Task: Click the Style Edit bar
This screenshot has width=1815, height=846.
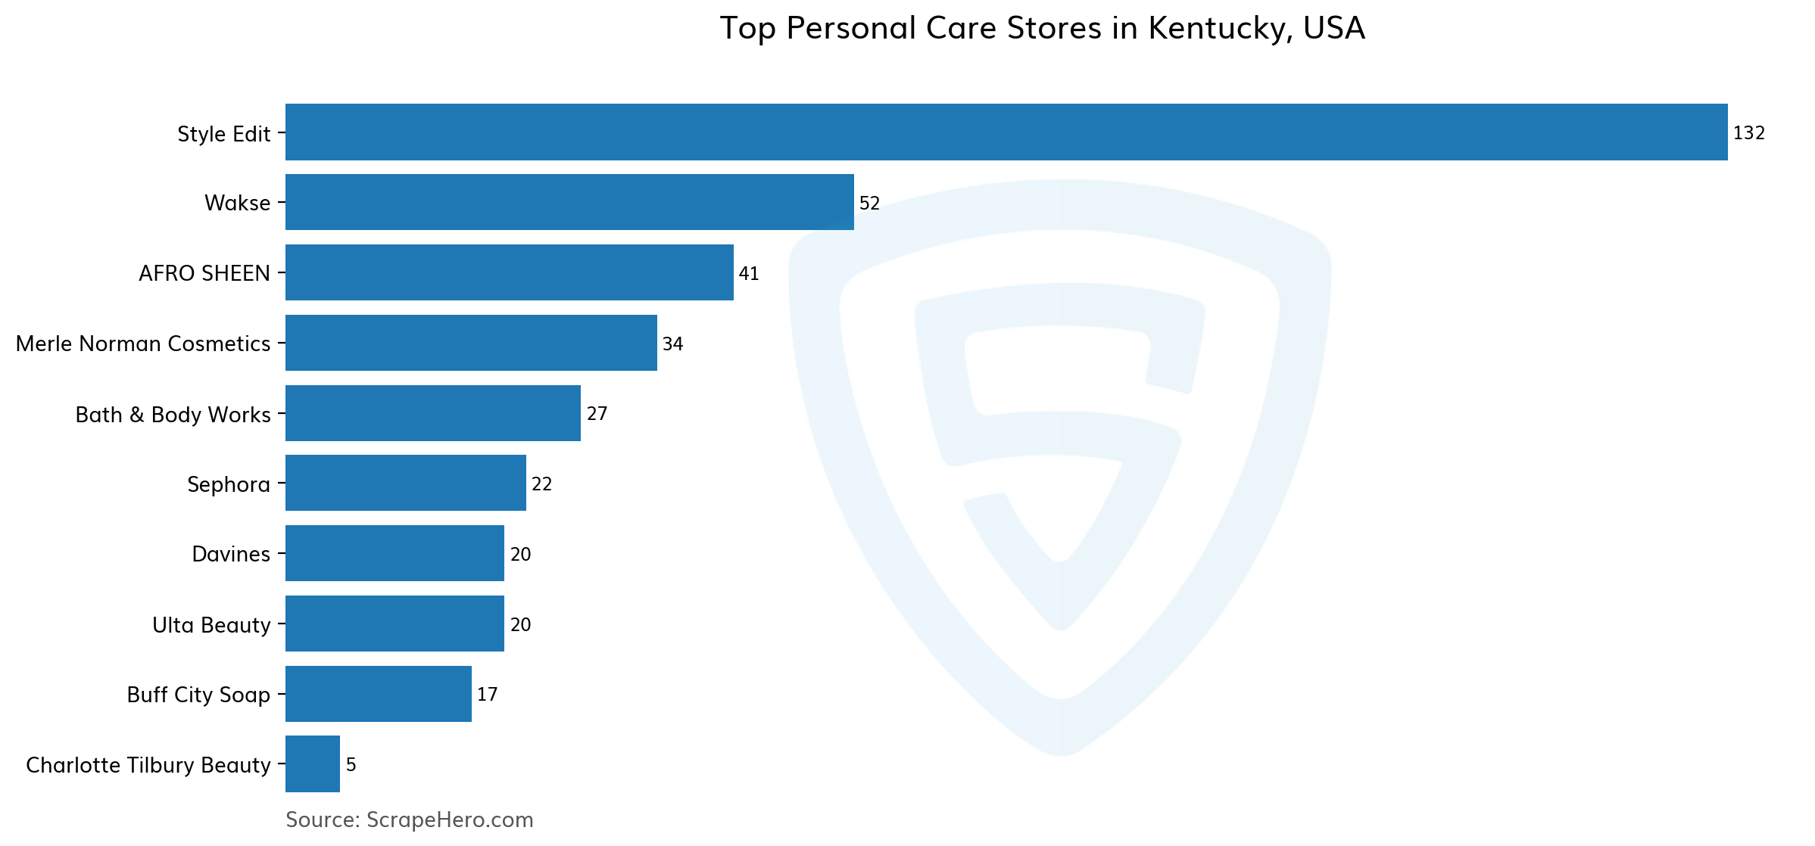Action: click(x=1006, y=132)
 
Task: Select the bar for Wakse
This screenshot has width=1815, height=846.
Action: click(x=569, y=202)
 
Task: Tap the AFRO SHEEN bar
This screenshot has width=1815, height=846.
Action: click(x=509, y=272)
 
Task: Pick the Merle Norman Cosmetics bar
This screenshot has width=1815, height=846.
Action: click(x=471, y=343)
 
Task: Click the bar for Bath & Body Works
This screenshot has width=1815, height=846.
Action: click(x=432, y=413)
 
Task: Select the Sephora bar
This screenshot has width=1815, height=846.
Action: click(x=405, y=483)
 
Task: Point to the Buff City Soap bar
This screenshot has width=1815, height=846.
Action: click(x=378, y=694)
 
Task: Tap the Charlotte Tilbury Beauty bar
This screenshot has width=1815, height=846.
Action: click(x=312, y=764)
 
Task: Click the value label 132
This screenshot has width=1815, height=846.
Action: click(x=1748, y=133)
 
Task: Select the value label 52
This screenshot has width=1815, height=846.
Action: click(x=869, y=204)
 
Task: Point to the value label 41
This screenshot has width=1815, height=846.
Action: click(x=748, y=274)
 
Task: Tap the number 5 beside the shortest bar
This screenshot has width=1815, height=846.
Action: click(x=351, y=765)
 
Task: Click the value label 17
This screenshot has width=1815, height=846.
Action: click(x=487, y=695)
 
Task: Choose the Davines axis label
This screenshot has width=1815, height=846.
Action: click(x=231, y=554)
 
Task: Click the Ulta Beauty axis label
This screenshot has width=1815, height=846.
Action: click(x=211, y=625)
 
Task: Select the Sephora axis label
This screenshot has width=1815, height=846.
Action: click(x=229, y=484)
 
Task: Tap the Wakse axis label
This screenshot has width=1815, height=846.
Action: click(x=237, y=203)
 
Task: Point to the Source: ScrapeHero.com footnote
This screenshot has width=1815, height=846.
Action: click(x=409, y=820)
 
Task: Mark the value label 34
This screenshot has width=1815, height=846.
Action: click(x=672, y=344)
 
